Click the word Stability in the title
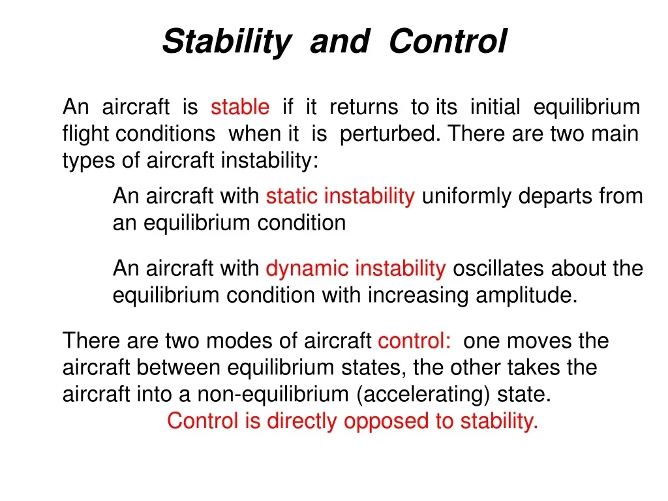(x=226, y=42)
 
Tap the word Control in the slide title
(x=448, y=41)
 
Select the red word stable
(x=240, y=106)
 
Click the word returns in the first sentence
(x=364, y=107)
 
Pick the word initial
(x=495, y=106)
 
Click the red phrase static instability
(x=340, y=196)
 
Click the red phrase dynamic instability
(x=356, y=269)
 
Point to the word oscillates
(x=498, y=268)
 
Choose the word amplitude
(x=526, y=296)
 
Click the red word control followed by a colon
(x=414, y=341)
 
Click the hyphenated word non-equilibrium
(x=273, y=395)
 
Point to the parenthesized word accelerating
(x=423, y=395)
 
